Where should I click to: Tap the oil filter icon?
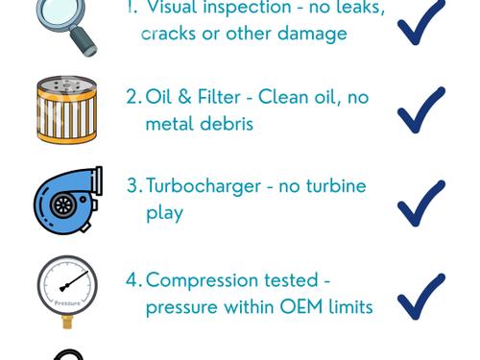(x=66, y=109)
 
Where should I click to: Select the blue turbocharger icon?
(x=68, y=201)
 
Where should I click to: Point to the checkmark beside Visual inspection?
(x=420, y=22)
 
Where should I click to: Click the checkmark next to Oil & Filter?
(x=420, y=109)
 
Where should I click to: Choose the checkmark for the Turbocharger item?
(x=420, y=204)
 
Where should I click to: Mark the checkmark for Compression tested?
(x=420, y=297)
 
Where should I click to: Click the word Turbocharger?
(x=204, y=187)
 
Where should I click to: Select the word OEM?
(x=301, y=307)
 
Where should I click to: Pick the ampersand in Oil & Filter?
(x=184, y=97)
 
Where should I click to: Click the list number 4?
(x=132, y=279)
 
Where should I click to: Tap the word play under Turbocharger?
(x=164, y=213)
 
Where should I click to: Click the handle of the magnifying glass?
(x=84, y=41)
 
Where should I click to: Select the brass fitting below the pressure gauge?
(x=68, y=322)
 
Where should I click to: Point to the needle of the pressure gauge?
(x=74, y=281)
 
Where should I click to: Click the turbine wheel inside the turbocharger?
(x=63, y=205)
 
